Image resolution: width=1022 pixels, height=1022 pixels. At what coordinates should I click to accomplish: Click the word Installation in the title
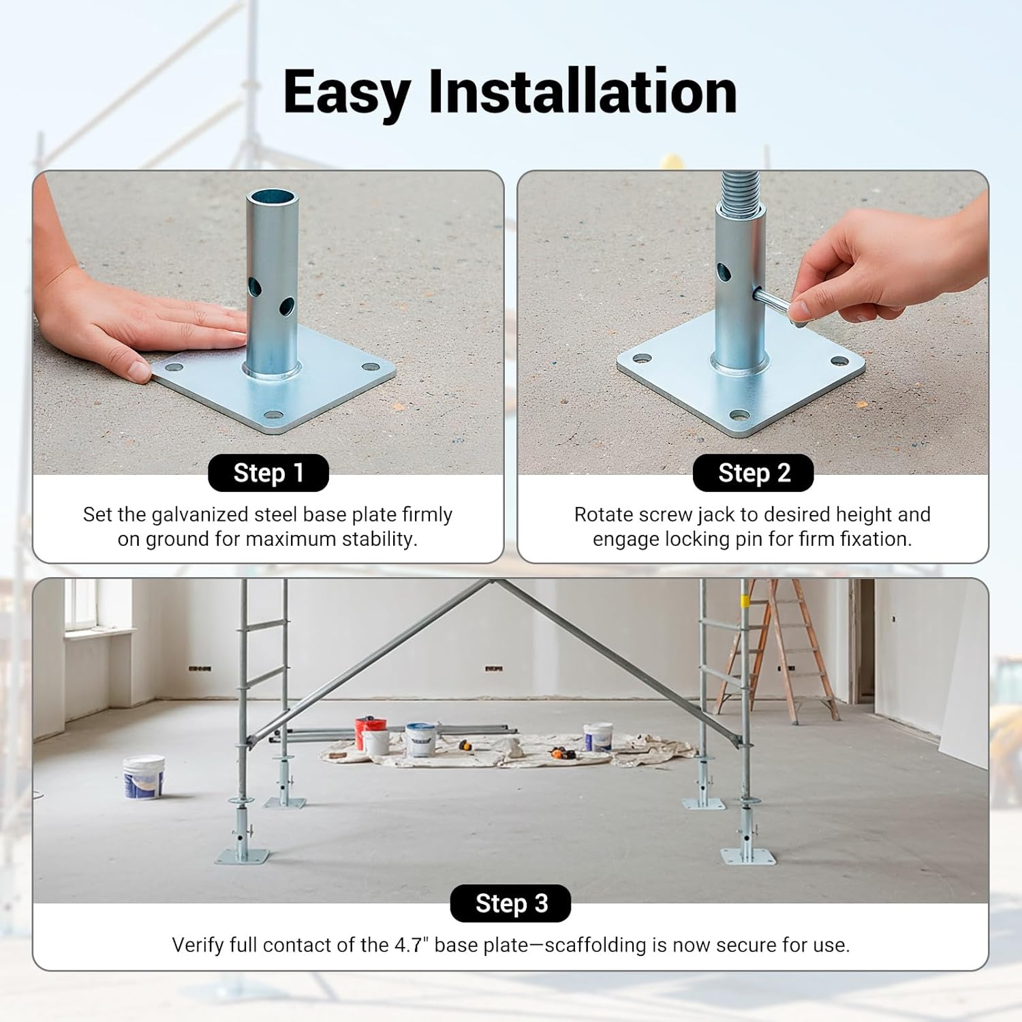[583, 92]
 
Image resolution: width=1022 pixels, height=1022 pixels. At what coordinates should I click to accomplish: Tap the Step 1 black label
[268, 473]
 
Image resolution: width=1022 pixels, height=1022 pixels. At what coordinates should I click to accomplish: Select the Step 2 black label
[753, 473]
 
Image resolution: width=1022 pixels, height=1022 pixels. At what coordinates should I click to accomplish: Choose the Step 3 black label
[510, 903]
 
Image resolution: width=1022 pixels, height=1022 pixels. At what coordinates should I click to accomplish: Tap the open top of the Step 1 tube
[273, 197]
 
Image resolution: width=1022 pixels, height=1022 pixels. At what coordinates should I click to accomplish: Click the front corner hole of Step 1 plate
[273, 414]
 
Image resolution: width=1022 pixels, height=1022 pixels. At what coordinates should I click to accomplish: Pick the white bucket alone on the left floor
[144, 777]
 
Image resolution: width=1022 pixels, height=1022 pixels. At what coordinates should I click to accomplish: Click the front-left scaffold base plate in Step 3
[242, 856]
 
